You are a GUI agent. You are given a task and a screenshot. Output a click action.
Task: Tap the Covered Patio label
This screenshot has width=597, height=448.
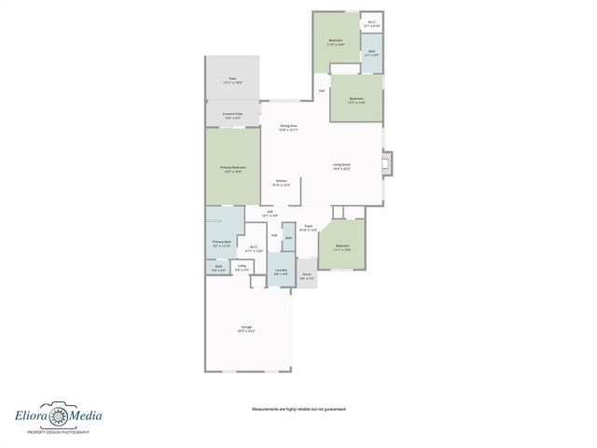point(232,116)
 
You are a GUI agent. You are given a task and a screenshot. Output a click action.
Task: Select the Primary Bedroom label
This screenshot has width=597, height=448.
point(232,169)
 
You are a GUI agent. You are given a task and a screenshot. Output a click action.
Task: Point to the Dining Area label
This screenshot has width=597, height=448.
point(288,127)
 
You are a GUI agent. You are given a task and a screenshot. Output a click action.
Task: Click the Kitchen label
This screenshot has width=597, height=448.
point(281,183)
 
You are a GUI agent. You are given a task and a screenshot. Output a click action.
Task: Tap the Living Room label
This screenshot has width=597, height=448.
point(342,167)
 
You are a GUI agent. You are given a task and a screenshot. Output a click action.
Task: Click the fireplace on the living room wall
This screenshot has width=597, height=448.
point(391,165)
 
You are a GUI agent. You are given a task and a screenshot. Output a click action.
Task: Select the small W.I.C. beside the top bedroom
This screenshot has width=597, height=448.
point(371,25)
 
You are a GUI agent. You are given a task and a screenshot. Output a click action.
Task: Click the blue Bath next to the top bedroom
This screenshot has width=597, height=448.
point(371,53)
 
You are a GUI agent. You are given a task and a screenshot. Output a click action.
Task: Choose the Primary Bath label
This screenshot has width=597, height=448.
point(221,244)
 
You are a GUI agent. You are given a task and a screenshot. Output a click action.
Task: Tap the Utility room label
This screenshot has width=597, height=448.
point(242,268)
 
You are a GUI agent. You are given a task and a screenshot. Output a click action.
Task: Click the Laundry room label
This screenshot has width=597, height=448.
point(281,272)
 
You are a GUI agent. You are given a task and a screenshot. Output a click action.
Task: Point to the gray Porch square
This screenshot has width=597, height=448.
point(308,278)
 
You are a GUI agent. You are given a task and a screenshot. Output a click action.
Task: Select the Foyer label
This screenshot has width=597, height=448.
point(309,228)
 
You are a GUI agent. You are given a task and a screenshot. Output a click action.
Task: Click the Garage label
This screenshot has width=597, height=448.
point(246,329)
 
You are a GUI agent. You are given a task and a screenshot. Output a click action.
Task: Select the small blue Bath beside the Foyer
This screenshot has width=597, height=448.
point(288,239)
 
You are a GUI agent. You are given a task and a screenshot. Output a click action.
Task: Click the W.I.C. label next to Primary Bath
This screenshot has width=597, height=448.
point(254,248)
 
